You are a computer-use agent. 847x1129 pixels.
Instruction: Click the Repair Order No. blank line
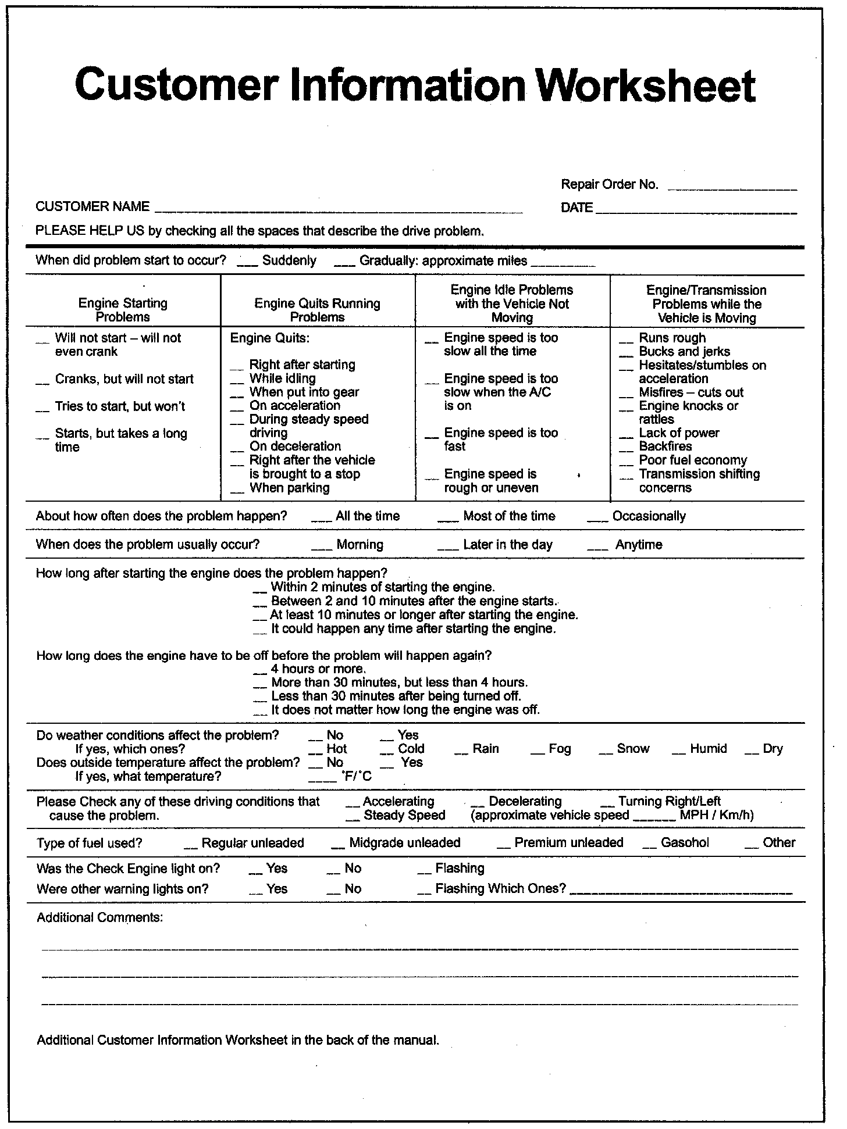pos(732,188)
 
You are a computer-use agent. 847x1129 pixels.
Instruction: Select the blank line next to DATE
pos(696,212)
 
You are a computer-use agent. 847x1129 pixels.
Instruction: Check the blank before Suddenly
pos(247,264)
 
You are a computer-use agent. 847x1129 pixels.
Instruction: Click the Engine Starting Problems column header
pos(123,310)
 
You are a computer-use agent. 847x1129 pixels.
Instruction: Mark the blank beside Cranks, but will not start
pos(42,383)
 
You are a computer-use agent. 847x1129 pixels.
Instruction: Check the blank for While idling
pos(236,382)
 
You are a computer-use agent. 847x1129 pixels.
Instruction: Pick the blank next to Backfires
pos(626,450)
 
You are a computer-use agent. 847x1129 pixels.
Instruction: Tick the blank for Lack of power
pos(626,437)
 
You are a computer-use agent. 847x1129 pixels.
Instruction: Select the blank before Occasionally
pos(597,520)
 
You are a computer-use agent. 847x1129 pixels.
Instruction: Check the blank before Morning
pos(321,548)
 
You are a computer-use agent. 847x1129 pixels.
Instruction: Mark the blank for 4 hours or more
pos(260,673)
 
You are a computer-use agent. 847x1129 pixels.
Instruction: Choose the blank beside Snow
pos(606,752)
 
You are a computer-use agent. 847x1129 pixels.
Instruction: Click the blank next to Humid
pos(678,752)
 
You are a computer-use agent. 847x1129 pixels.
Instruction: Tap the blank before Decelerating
pos(477,805)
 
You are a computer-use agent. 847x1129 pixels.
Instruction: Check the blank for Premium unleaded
pos(504,846)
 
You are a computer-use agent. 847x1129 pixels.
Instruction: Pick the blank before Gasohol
pos(649,846)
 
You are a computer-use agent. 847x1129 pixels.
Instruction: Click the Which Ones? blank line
pos(681,892)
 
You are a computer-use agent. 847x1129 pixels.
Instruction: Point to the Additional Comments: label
pos(99,917)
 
